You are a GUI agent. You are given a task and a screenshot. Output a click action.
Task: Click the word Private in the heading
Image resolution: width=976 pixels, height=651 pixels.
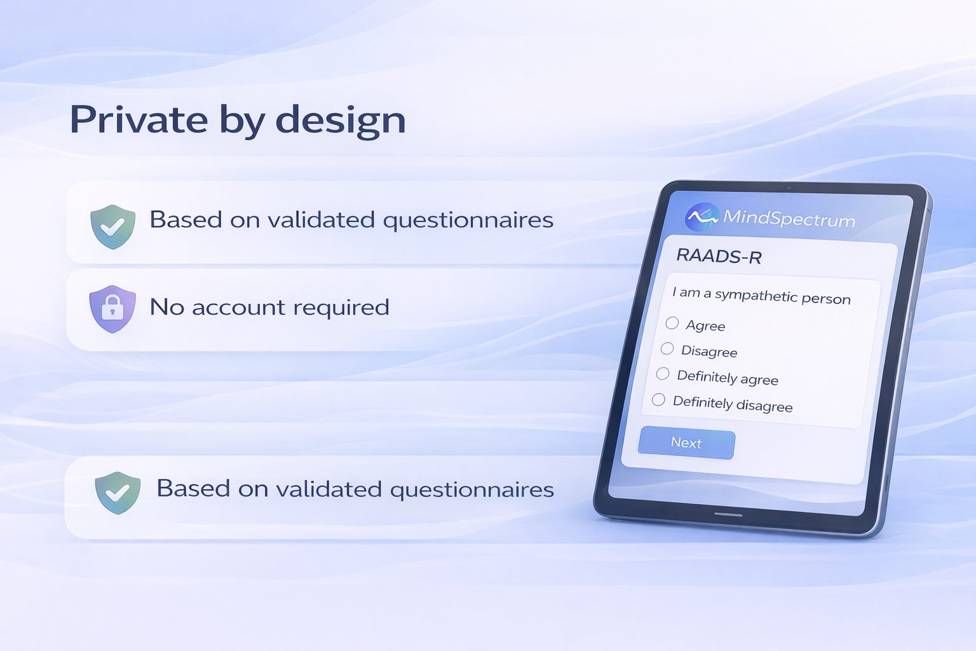[139, 120]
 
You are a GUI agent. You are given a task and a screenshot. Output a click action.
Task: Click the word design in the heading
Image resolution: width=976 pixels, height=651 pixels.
[341, 120]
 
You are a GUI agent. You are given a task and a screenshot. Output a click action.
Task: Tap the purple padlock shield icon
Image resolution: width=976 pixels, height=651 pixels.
[112, 309]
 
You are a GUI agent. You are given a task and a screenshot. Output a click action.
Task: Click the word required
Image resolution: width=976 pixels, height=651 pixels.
[341, 308]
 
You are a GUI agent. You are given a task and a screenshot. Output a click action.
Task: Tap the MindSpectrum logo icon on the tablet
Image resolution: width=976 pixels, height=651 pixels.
[701, 217]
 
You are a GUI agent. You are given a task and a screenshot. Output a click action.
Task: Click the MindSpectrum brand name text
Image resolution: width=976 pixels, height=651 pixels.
[789, 219]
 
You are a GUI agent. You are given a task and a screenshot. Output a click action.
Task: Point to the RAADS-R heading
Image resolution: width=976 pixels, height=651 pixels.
[719, 256]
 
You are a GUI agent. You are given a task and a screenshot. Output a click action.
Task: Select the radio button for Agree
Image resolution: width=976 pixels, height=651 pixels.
[672, 323]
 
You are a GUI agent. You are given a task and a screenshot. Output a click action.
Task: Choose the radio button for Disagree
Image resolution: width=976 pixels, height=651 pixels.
[667, 348]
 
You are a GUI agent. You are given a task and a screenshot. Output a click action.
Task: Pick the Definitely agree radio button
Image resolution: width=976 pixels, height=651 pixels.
[663, 374]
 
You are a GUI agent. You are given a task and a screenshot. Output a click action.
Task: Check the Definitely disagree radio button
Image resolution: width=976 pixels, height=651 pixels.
[658, 399]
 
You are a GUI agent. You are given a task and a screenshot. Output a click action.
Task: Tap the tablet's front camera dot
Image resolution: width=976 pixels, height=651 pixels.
[789, 188]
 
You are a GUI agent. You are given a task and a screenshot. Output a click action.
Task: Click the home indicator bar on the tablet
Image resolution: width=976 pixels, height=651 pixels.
[728, 514]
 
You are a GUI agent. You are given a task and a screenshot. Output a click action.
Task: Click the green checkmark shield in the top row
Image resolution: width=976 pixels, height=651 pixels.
[112, 226]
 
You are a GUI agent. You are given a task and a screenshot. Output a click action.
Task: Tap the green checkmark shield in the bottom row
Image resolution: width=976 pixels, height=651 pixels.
[118, 492]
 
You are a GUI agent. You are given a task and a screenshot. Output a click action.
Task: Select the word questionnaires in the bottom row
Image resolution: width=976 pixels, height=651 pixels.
[471, 490]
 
